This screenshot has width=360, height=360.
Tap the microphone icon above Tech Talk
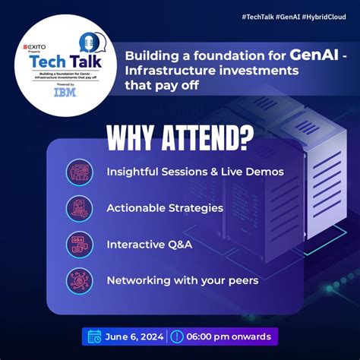coord(88,42)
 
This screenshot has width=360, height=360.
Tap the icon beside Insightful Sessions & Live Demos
coord(79,172)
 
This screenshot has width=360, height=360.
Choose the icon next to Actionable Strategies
coord(79,207)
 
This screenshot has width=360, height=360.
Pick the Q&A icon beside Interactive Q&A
coord(79,244)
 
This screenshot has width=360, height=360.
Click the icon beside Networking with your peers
coord(79,279)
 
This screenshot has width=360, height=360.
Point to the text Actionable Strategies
coord(165,207)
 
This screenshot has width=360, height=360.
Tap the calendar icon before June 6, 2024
coord(95,336)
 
